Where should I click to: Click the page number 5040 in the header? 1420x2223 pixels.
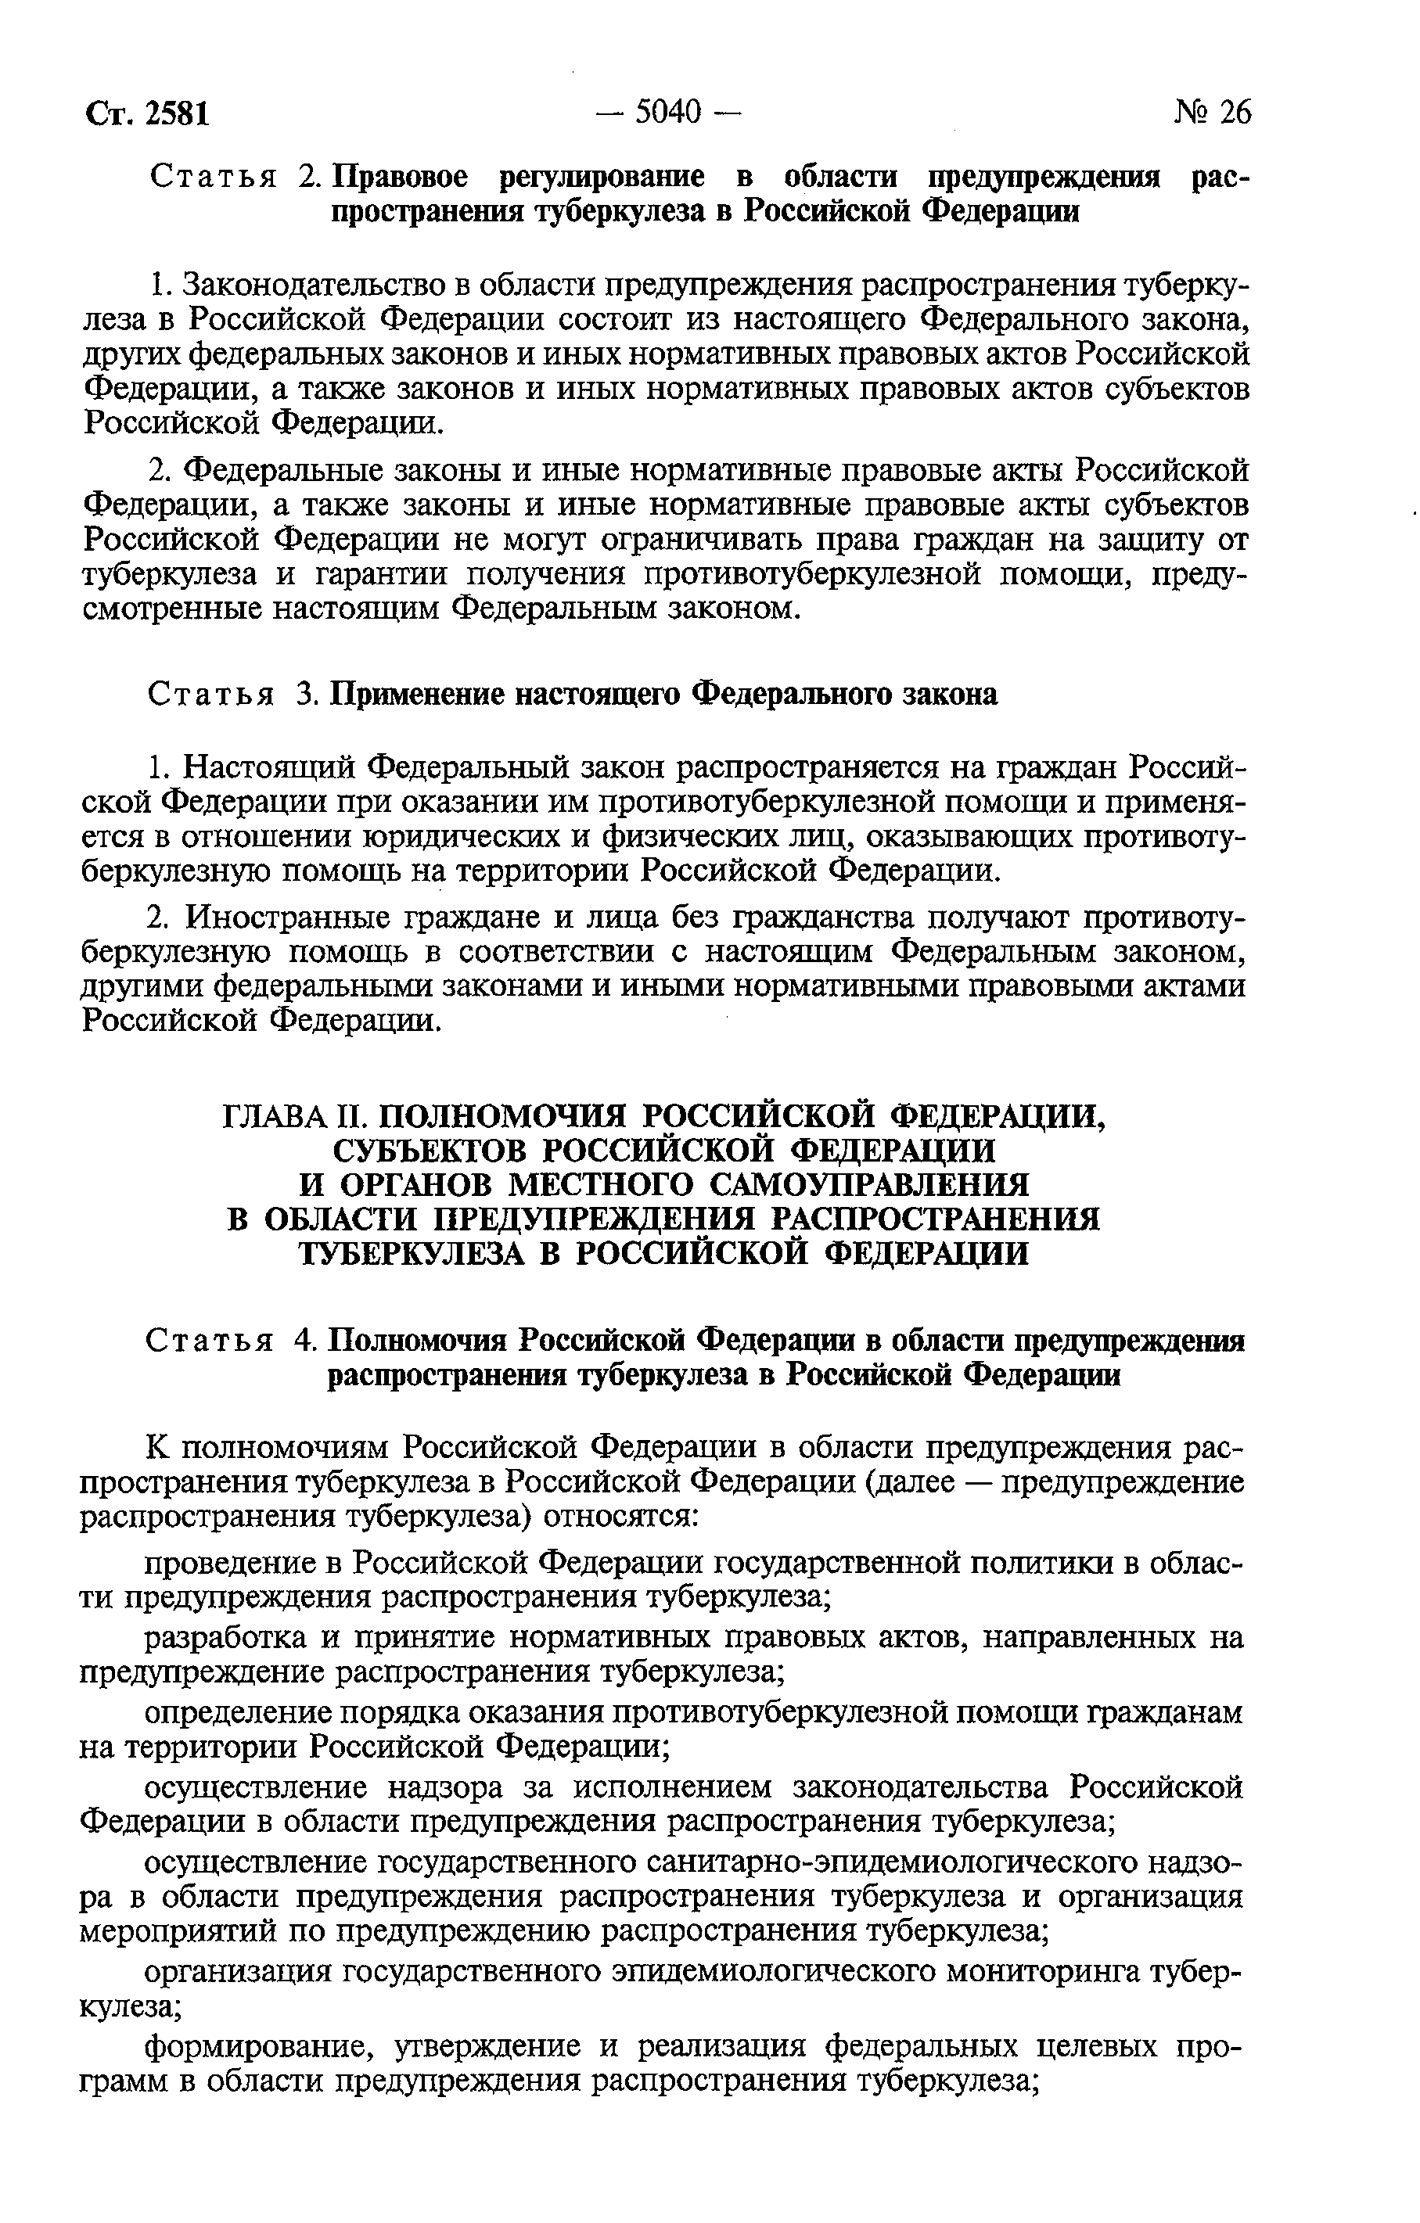pyautogui.click(x=668, y=112)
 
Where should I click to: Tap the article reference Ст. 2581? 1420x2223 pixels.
pyautogui.click(x=148, y=113)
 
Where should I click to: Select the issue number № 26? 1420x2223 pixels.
pyautogui.click(x=1212, y=112)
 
